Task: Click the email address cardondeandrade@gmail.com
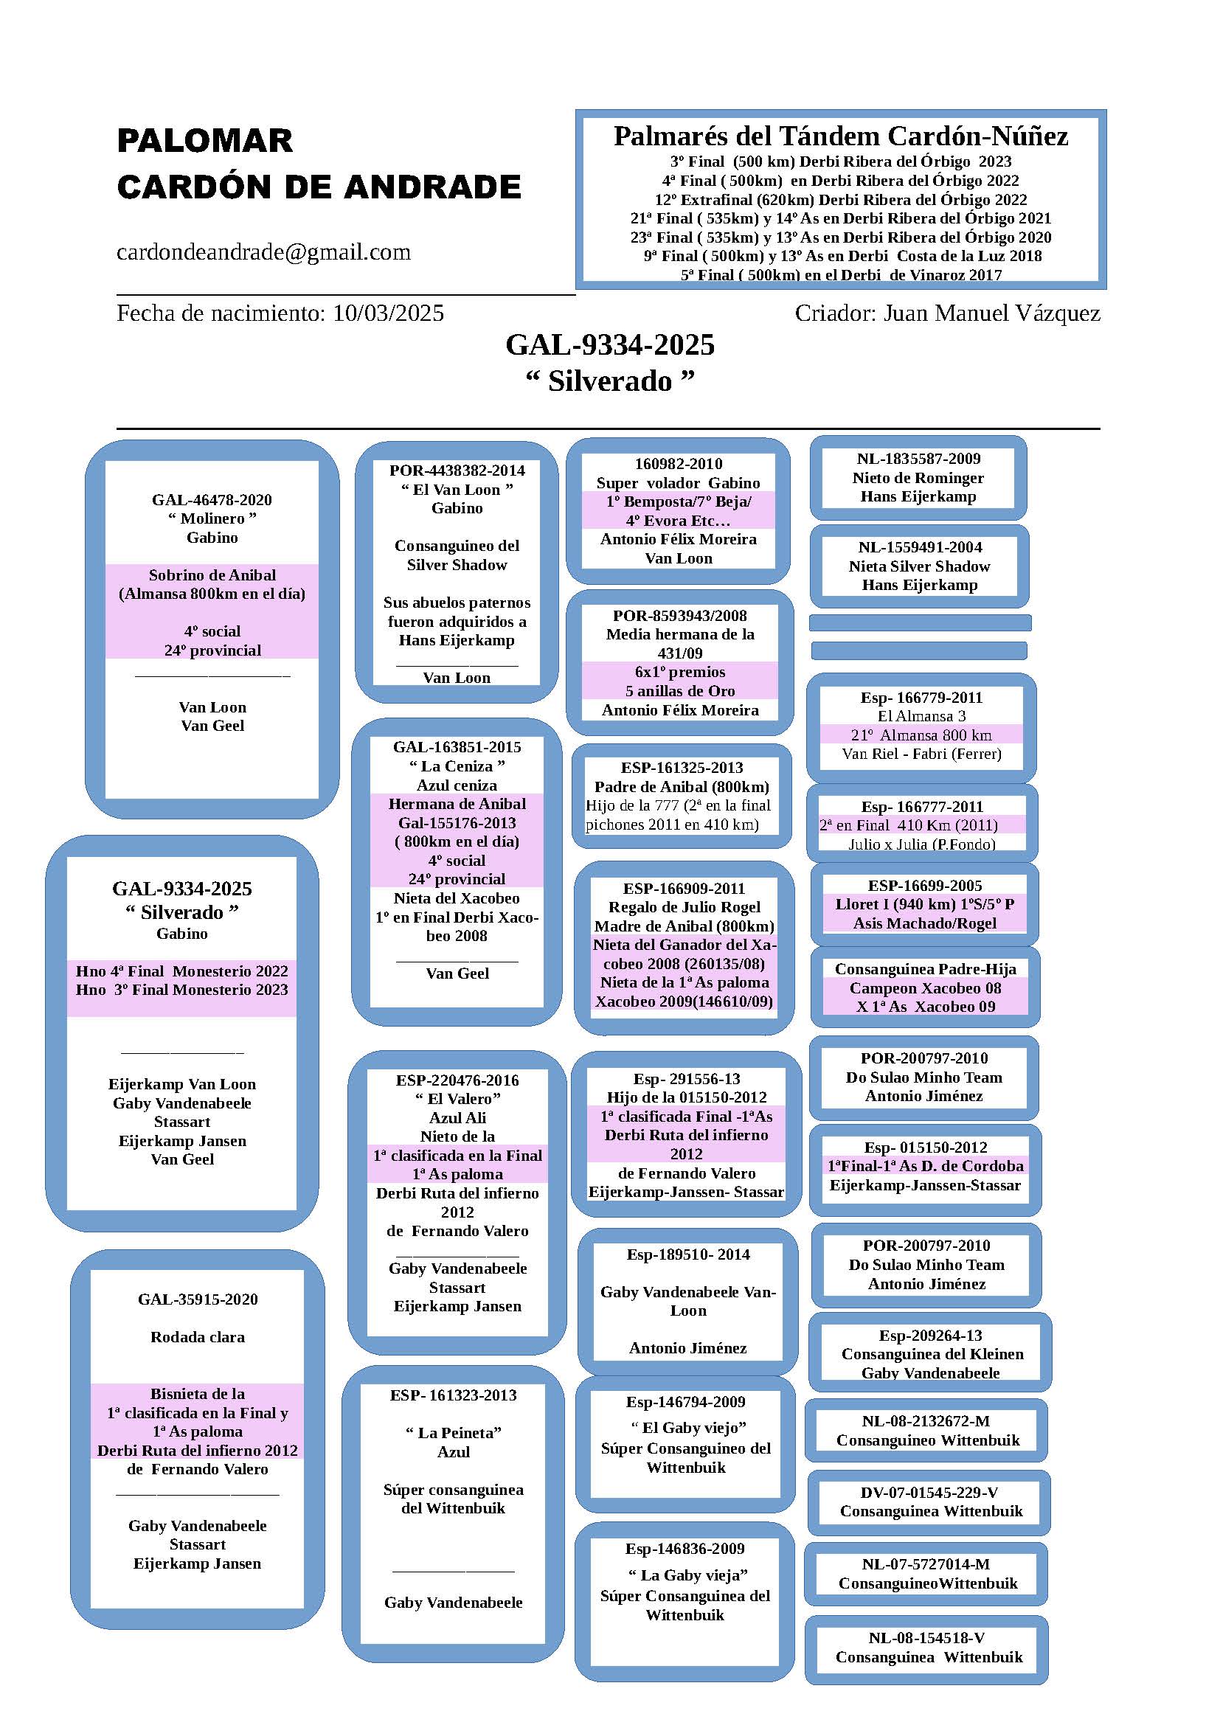(x=263, y=252)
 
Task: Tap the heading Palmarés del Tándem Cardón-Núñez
(x=840, y=136)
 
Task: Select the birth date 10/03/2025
(x=389, y=313)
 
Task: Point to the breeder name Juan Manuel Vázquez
(x=991, y=313)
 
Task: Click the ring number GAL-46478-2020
(x=212, y=499)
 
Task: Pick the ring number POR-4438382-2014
(x=457, y=471)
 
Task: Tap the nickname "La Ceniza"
(x=457, y=766)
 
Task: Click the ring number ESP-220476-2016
(x=457, y=1080)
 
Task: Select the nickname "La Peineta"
(x=454, y=1433)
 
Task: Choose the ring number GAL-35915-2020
(x=198, y=1299)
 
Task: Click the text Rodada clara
(x=198, y=1337)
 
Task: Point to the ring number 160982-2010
(x=679, y=464)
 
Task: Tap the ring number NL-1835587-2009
(x=918, y=458)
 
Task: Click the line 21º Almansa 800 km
(x=921, y=735)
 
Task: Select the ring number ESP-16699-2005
(x=925, y=885)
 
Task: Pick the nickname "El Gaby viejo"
(x=685, y=1428)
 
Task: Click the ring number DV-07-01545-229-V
(x=929, y=1492)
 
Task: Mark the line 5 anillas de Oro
(x=680, y=690)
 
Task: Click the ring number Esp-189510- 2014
(x=688, y=1254)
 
